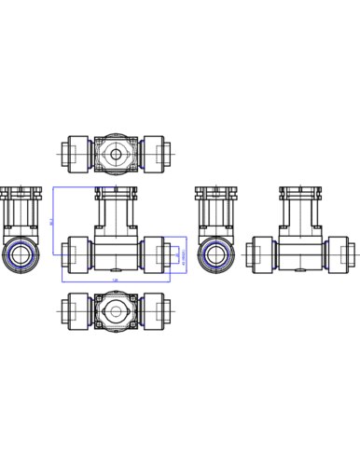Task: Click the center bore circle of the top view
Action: (116, 154)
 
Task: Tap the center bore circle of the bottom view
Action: (116, 310)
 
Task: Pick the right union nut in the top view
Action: (152, 154)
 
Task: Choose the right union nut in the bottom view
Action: (152, 310)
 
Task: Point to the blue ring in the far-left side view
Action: (18, 254)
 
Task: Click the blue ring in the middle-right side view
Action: (215, 254)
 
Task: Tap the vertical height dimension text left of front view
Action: (52, 222)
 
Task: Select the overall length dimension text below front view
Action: (116, 280)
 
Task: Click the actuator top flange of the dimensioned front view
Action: (116, 192)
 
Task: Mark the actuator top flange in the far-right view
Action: (300, 192)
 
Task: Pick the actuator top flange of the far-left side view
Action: (18, 192)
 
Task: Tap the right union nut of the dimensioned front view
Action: (152, 254)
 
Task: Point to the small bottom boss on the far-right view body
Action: (300, 273)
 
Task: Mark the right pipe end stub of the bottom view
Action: (168, 310)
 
